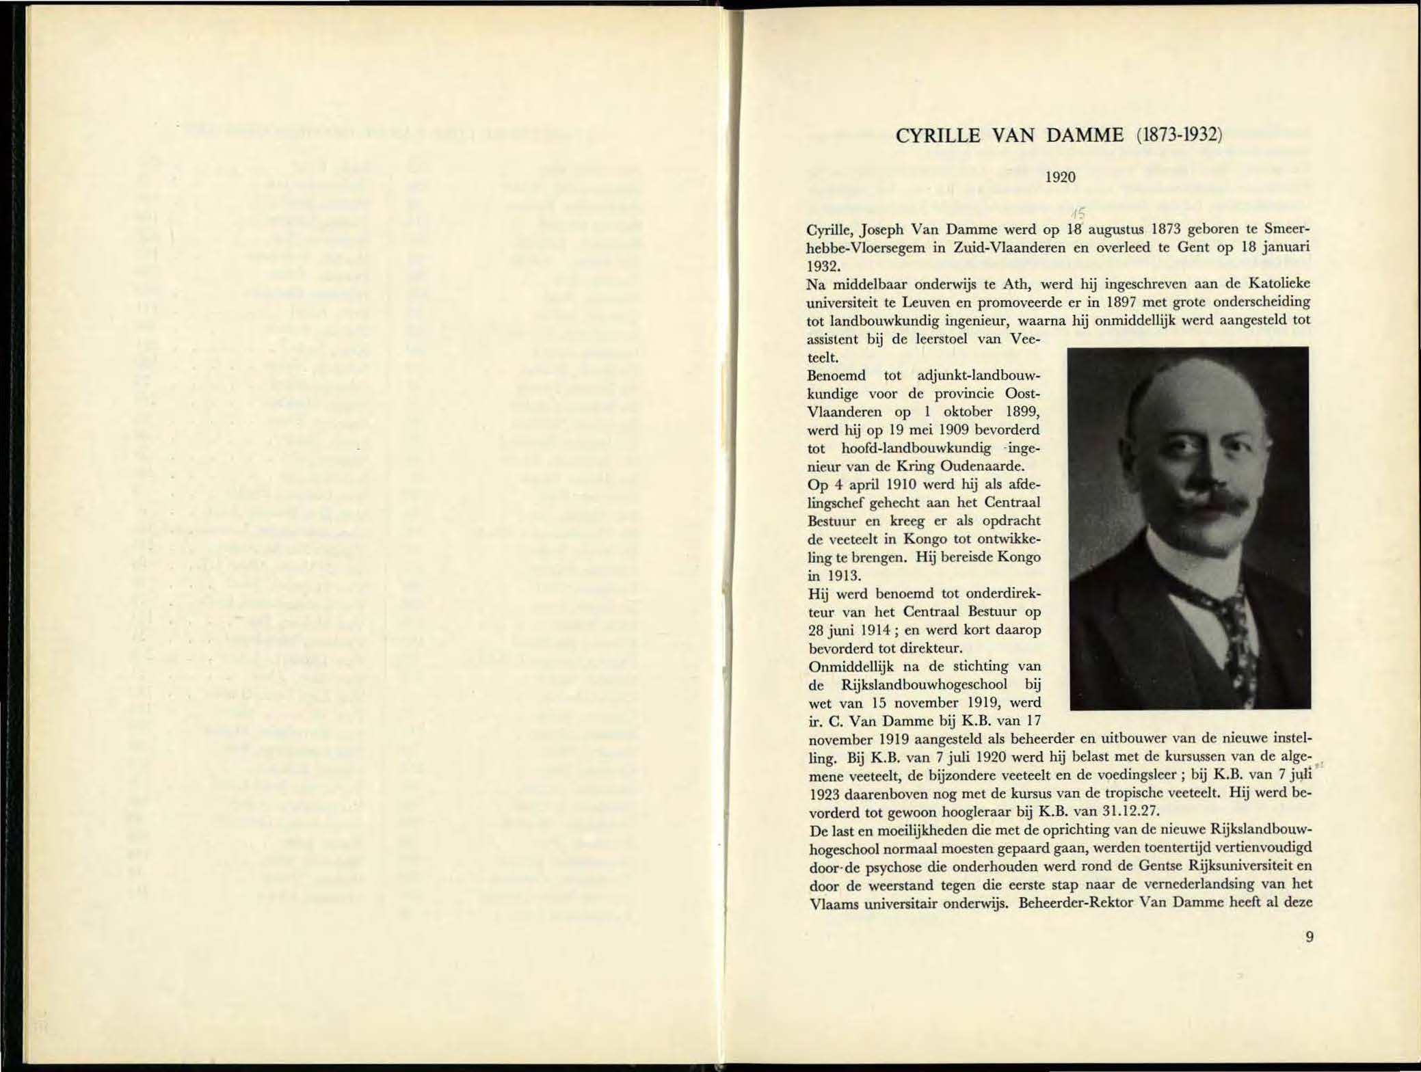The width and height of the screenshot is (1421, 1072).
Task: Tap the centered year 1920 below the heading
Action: click(x=1061, y=177)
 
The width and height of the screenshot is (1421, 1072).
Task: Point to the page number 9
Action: click(x=1309, y=937)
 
